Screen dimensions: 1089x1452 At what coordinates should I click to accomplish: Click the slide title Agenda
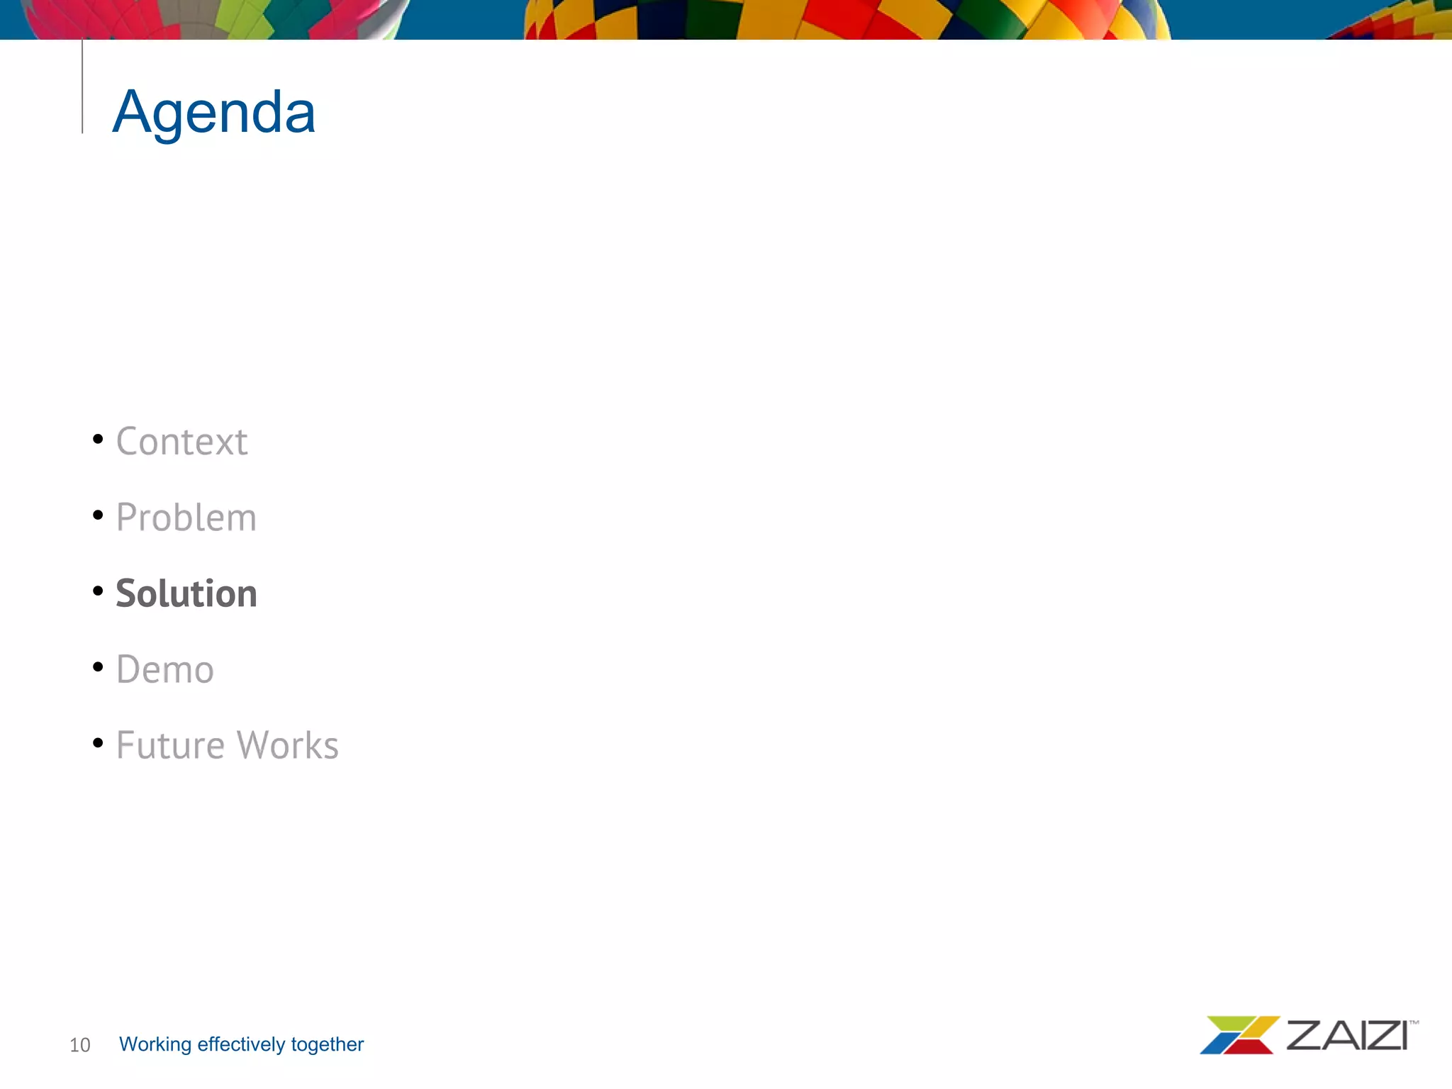pyautogui.click(x=213, y=112)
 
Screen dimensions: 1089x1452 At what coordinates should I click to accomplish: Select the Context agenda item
pyautogui.click(x=181, y=442)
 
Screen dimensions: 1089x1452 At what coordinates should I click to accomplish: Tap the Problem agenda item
pyautogui.click(x=186, y=518)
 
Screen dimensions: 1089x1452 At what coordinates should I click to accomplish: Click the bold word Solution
pyautogui.click(x=186, y=593)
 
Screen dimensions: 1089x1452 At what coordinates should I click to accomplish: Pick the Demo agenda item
pyautogui.click(x=164, y=669)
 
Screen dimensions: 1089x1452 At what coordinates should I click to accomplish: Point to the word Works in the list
pyautogui.click(x=287, y=745)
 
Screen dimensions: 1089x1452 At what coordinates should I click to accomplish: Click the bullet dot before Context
pyautogui.click(x=98, y=439)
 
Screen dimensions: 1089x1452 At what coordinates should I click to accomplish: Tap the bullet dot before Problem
pyautogui.click(x=98, y=515)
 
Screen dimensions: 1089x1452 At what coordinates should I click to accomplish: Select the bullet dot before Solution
pyautogui.click(x=98, y=591)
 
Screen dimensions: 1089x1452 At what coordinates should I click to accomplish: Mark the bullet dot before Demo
pyautogui.click(x=98, y=666)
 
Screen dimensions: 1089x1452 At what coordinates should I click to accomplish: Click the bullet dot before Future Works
pyautogui.click(x=98, y=742)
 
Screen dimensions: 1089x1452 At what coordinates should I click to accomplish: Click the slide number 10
pyautogui.click(x=79, y=1045)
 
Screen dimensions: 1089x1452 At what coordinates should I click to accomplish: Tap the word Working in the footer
pyautogui.click(x=155, y=1044)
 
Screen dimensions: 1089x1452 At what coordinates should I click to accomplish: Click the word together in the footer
pyautogui.click(x=327, y=1044)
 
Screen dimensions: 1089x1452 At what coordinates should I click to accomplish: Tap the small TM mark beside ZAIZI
pyautogui.click(x=1414, y=1022)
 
